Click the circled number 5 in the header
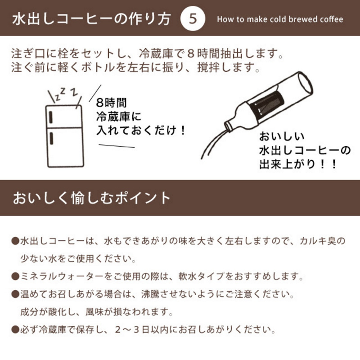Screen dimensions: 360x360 point(193,18)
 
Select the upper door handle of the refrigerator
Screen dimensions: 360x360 point(50,117)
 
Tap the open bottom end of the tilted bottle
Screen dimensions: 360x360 point(305,82)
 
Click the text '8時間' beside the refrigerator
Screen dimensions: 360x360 point(111,103)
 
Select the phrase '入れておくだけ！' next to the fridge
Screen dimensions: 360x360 point(141,130)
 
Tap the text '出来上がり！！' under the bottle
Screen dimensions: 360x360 point(298,164)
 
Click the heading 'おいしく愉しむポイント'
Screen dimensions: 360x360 point(91,198)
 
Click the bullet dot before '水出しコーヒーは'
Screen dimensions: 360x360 point(15,241)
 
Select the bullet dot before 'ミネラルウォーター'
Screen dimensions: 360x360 point(15,276)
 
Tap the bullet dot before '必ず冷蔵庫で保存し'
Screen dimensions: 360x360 point(15,330)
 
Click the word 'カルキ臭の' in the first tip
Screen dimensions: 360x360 point(322,241)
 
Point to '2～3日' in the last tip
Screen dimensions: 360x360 point(132,330)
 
